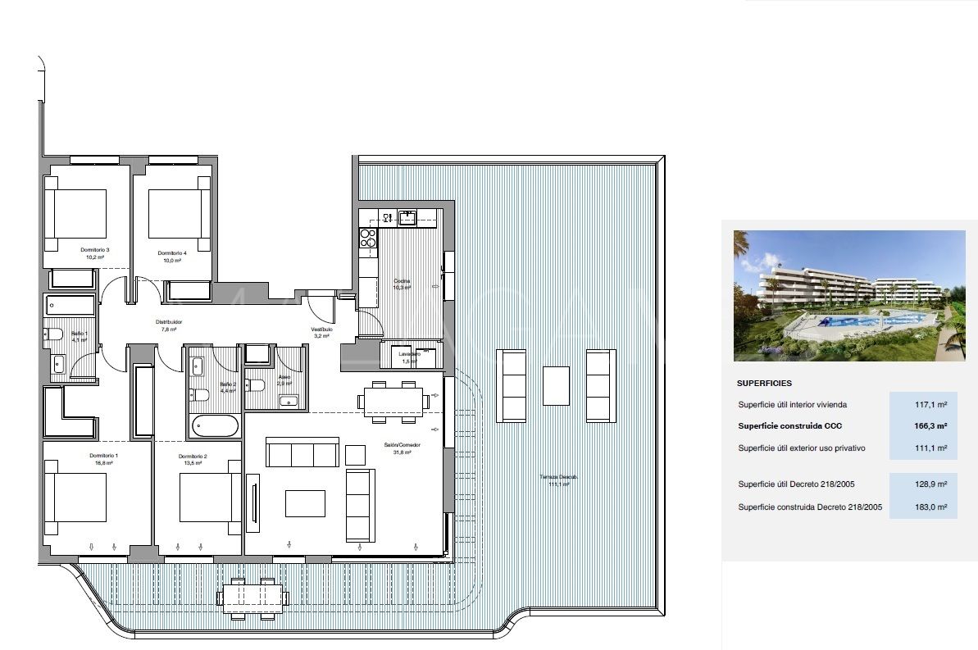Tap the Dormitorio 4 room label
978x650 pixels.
172,253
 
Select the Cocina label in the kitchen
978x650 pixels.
401,281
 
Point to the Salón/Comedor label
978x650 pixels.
402,445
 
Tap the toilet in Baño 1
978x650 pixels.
54,334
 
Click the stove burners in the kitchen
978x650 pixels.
367,238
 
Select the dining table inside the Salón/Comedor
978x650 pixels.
393,401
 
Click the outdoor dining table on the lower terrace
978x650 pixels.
252,594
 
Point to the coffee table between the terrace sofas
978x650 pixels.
556,385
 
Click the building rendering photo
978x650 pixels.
849,295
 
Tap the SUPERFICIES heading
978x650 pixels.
764,383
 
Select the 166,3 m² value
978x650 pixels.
930,426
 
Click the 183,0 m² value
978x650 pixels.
930,507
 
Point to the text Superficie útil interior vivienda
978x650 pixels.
792,405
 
